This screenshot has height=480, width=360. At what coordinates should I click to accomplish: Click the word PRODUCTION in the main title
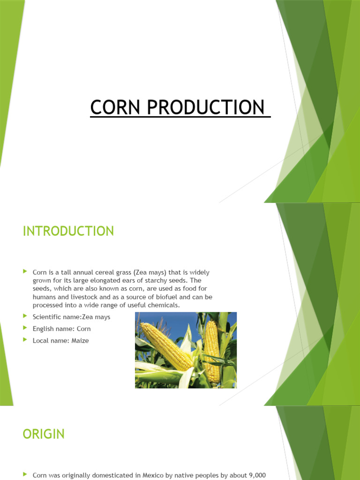click(x=206, y=107)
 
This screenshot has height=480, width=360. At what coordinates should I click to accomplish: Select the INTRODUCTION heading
click(x=68, y=231)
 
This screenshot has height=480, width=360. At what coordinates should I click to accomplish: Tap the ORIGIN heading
click(x=44, y=434)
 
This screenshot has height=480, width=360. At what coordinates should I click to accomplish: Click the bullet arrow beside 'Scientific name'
click(x=25, y=317)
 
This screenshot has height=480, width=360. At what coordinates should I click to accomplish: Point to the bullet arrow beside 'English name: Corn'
click(x=25, y=329)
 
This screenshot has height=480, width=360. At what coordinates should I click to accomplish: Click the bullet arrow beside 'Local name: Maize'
click(x=25, y=340)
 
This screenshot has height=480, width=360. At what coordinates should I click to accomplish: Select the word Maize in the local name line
click(x=80, y=341)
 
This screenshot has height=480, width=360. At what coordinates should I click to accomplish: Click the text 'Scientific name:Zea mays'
click(x=71, y=317)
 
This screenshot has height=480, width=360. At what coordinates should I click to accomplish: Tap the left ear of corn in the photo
click(x=166, y=345)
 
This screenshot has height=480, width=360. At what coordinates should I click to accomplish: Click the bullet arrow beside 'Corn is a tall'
click(x=25, y=271)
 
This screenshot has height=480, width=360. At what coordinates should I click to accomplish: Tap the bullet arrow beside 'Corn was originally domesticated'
click(x=25, y=475)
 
